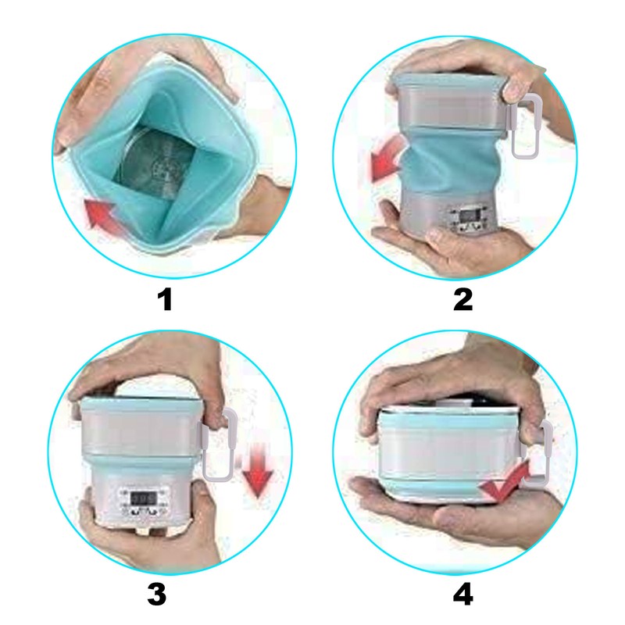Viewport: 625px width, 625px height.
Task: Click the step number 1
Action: pos(163,298)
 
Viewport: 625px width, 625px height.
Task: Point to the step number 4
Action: pos(464,595)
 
